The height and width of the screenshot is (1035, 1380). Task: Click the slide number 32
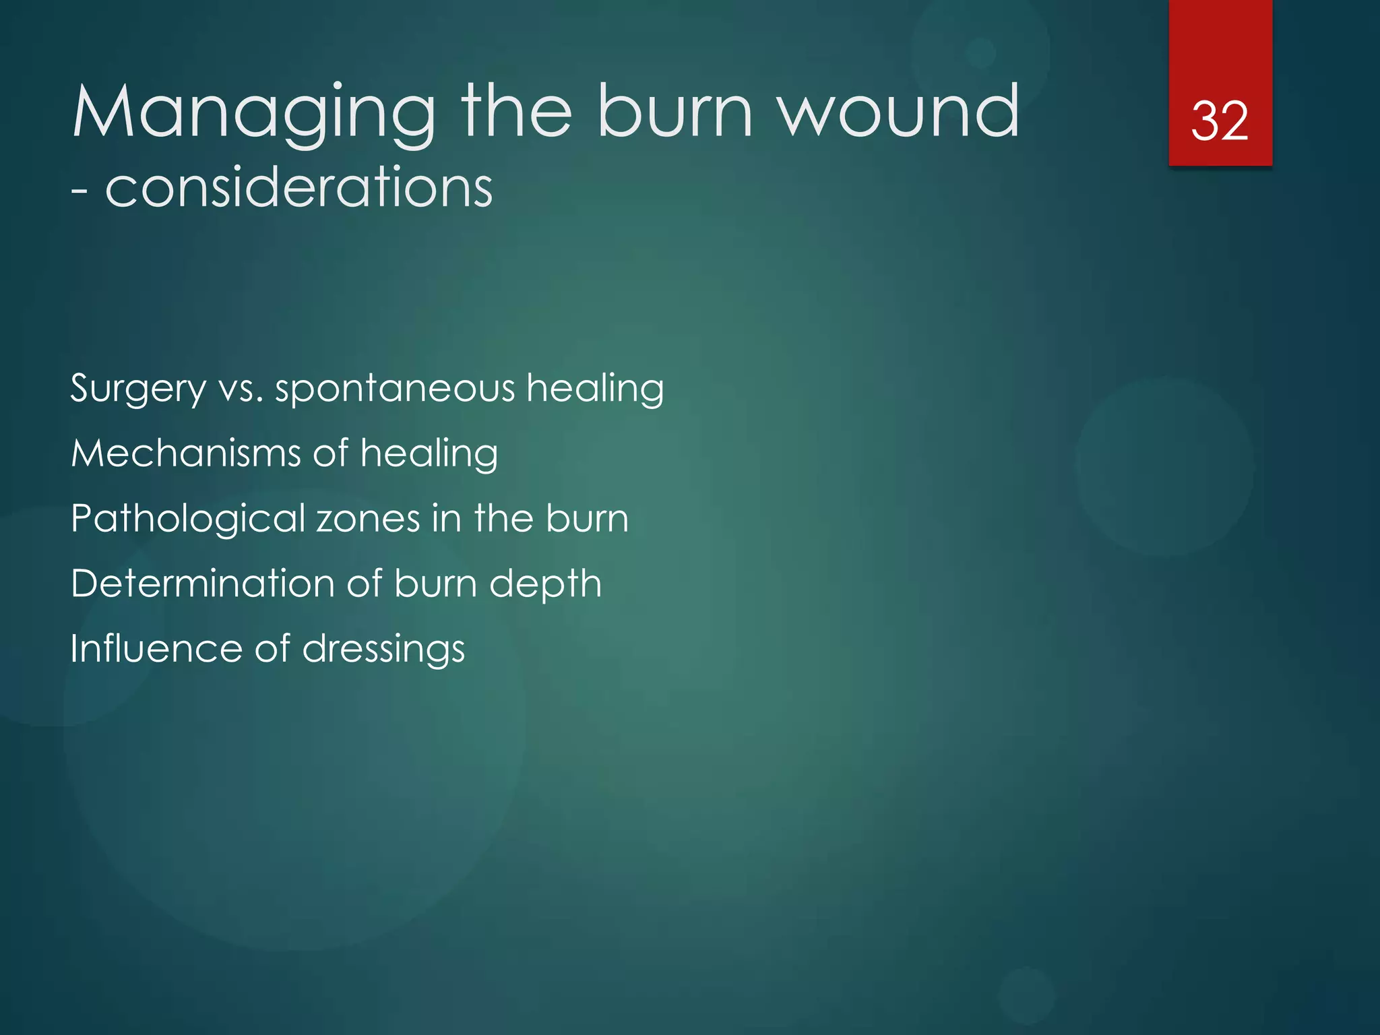(x=1220, y=121)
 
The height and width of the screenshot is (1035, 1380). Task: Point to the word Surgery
(x=138, y=389)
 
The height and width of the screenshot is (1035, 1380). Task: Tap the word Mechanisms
(x=186, y=453)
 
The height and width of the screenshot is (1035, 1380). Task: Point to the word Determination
(x=202, y=583)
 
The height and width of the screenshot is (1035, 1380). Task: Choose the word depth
(x=545, y=584)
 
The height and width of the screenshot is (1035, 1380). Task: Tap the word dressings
(x=383, y=650)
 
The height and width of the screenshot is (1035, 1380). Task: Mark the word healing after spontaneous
(x=595, y=389)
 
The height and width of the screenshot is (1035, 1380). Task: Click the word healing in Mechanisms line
(x=429, y=453)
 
